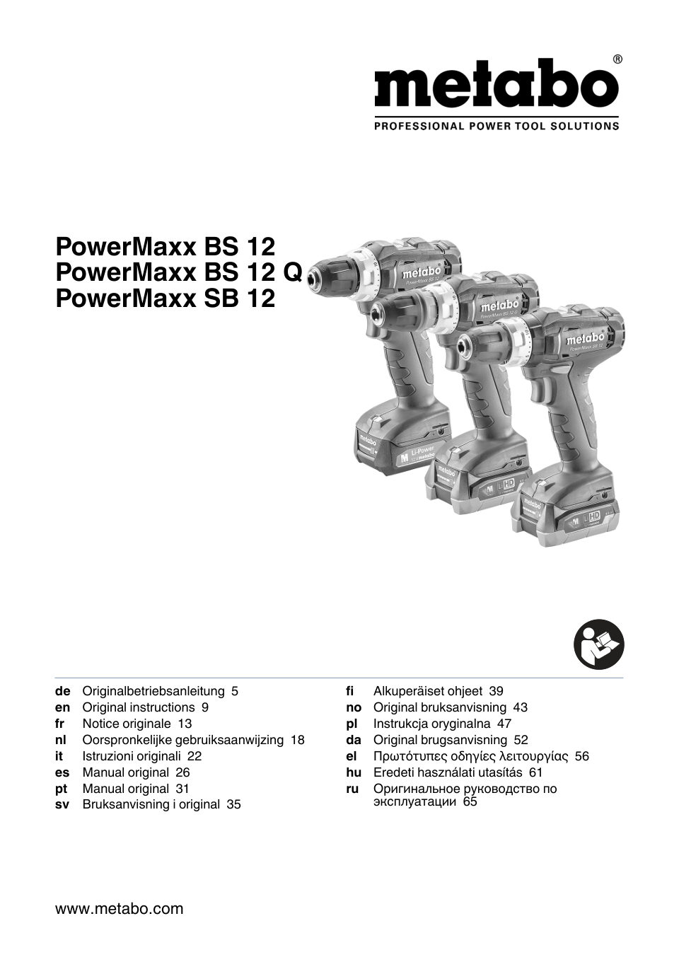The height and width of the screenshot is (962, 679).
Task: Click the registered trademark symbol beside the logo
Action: pos(617,59)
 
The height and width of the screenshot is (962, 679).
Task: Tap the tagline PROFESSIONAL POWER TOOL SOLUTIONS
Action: pos(496,127)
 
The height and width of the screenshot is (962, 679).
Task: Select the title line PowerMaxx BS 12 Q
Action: pos(179,272)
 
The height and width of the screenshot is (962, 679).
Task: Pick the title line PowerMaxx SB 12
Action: pos(165,299)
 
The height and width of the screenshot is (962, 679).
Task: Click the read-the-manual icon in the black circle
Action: pos(598,644)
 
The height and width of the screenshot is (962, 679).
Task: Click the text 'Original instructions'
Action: pos(139,707)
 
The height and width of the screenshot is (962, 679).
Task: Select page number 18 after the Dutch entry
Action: pos(297,740)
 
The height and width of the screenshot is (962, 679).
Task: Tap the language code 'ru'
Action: pos(352,789)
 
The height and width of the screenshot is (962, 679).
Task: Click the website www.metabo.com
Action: pos(119,909)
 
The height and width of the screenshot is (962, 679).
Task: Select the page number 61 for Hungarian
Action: pos(535,772)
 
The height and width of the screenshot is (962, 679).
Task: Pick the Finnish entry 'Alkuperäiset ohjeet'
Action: pos(428,691)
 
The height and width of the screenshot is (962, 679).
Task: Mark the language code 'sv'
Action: pos(62,805)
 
